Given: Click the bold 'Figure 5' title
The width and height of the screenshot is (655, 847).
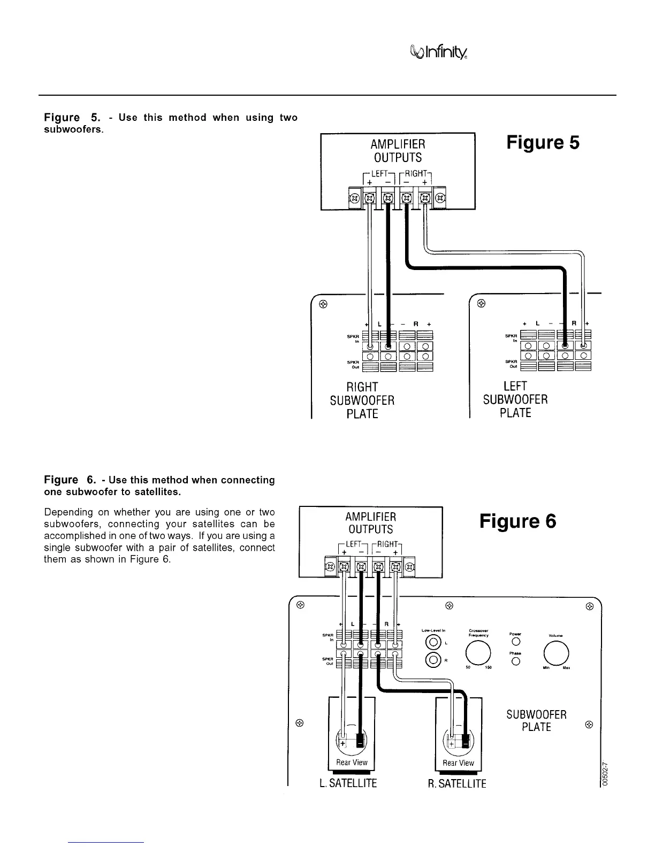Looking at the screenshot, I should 543,143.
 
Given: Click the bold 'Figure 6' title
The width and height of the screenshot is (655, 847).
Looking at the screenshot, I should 517,521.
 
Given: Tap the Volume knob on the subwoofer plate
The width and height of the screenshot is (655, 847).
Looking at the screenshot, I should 555,652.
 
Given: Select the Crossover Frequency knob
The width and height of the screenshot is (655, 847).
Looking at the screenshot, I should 478,652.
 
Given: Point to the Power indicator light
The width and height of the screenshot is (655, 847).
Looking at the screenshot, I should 516,641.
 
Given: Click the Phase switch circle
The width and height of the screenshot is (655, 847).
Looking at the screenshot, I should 516,661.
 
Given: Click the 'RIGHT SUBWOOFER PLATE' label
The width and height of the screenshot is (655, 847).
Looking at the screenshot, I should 362,400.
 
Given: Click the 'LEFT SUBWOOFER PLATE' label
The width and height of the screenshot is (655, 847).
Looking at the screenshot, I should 515,399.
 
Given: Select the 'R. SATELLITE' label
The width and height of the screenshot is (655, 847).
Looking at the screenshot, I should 457,783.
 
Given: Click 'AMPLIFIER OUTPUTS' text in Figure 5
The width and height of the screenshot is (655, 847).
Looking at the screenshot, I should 398,151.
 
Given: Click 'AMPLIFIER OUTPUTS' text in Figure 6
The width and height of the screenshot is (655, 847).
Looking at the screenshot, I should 371,523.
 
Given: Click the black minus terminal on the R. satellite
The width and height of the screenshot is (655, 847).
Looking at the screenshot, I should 466,743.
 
